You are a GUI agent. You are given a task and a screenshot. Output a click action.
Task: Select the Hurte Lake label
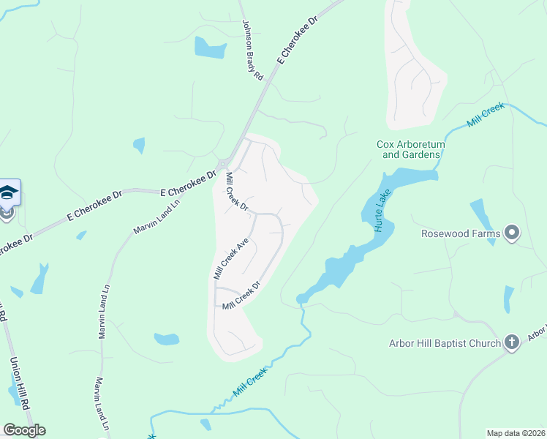[383, 210]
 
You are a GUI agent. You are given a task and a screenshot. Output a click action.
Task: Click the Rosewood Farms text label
[461, 234]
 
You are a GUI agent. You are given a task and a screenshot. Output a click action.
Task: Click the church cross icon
[512, 342]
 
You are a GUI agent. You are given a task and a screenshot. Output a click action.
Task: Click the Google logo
[24, 430]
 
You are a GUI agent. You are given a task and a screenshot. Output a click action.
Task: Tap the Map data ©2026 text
[515, 432]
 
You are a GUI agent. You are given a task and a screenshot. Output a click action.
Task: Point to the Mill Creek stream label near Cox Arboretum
[486, 116]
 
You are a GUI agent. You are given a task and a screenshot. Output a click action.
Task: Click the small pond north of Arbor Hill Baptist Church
[508, 299]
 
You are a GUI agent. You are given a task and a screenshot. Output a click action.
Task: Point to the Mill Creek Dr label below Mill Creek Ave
[242, 295]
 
